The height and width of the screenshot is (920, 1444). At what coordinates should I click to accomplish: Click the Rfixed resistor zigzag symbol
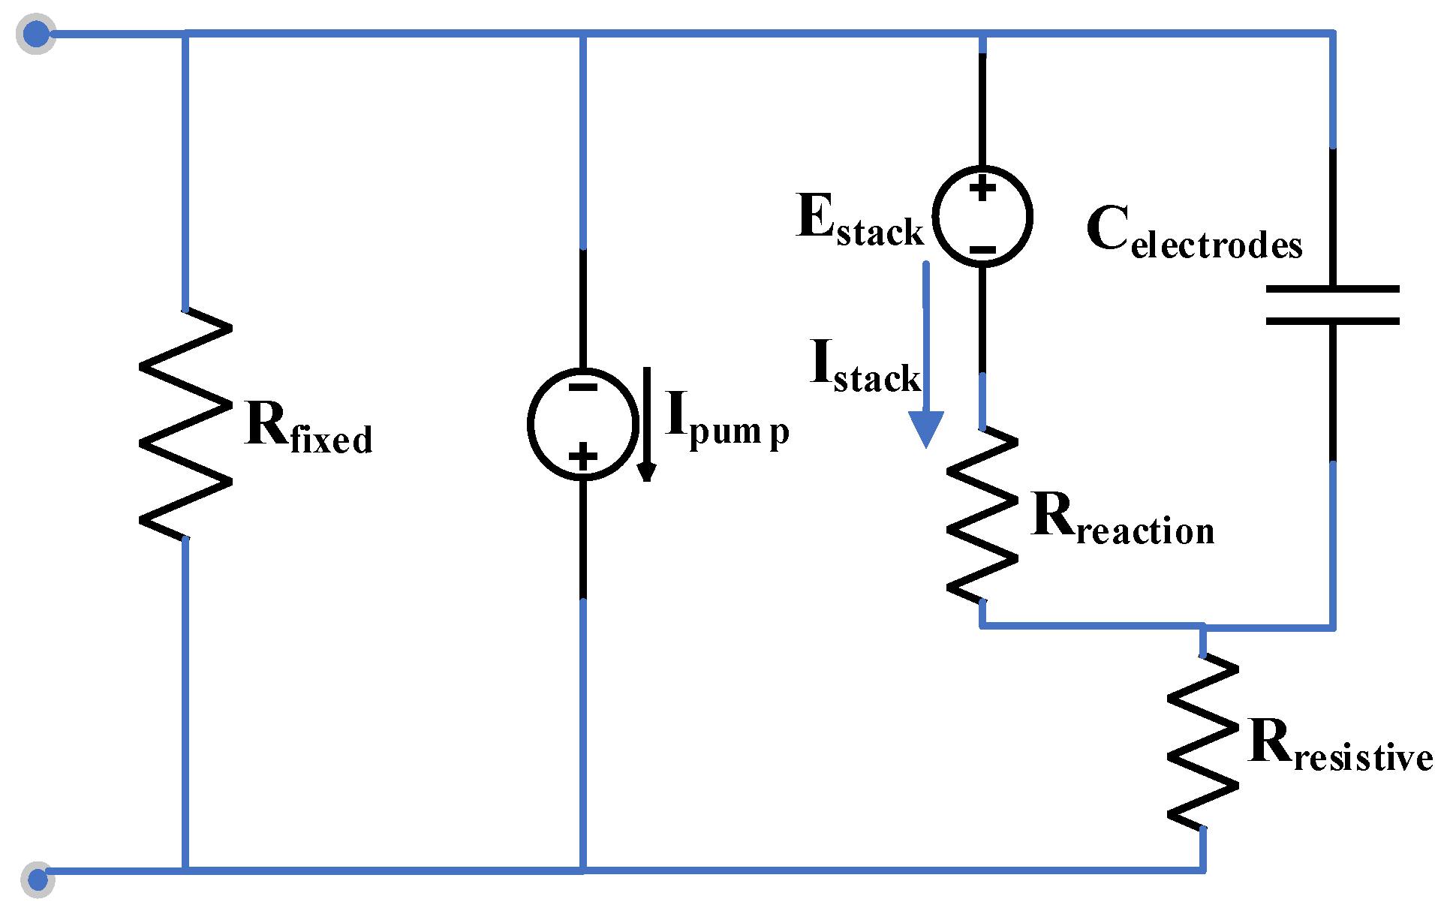pyautogui.click(x=185, y=424)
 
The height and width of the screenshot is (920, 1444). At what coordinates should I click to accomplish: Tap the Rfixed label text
pyautogui.click(x=308, y=428)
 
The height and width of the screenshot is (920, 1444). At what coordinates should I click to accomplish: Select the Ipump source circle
pyautogui.click(x=583, y=424)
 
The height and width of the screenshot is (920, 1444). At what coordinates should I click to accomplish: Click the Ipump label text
pyautogui.click(x=727, y=420)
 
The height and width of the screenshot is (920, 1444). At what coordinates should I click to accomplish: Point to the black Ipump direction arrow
pyautogui.click(x=646, y=425)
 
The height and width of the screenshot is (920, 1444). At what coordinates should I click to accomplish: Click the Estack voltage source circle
pyautogui.click(x=982, y=216)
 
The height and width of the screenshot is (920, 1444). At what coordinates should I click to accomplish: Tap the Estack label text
pyautogui.click(x=859, y=219)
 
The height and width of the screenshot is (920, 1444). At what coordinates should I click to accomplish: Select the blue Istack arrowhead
pyautogui.click(x=926, y=428)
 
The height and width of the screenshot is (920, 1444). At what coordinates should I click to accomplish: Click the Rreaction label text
pyautogui.click(x=1123, y=518)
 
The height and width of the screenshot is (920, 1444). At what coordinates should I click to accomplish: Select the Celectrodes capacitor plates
pyautogui.click(x=1332, y=305)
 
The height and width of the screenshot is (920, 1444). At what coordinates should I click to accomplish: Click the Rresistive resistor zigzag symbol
pyautogui.click(x=1203, y=742)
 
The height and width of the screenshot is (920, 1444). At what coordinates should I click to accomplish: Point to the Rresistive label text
pyautogui.click(x=1340, y=744)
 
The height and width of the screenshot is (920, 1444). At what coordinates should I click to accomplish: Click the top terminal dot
pyautogui.click(x=36, y=34)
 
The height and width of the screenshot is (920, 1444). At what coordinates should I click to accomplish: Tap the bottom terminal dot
pyautogui.click(x=38, y=879)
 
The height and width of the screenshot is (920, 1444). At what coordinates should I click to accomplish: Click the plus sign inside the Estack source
pyautogui.click(x=982, y=188)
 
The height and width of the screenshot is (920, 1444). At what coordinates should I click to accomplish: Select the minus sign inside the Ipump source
pyautogui.click(x=583, y=387)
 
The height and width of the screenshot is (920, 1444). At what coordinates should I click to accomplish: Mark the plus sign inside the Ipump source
pyautogui.click(x=583, y=455)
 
